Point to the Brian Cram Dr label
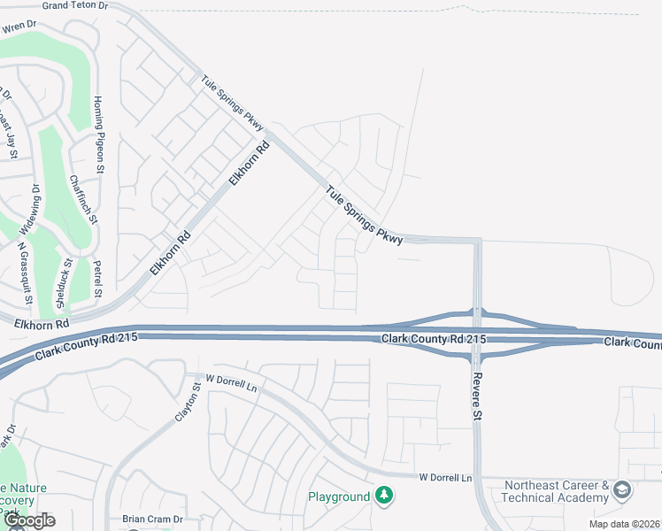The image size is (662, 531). [152, 519]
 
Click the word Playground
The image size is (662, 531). [339, 496]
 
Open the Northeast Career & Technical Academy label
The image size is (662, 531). [557, 492]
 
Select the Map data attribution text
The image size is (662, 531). [625, 524]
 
